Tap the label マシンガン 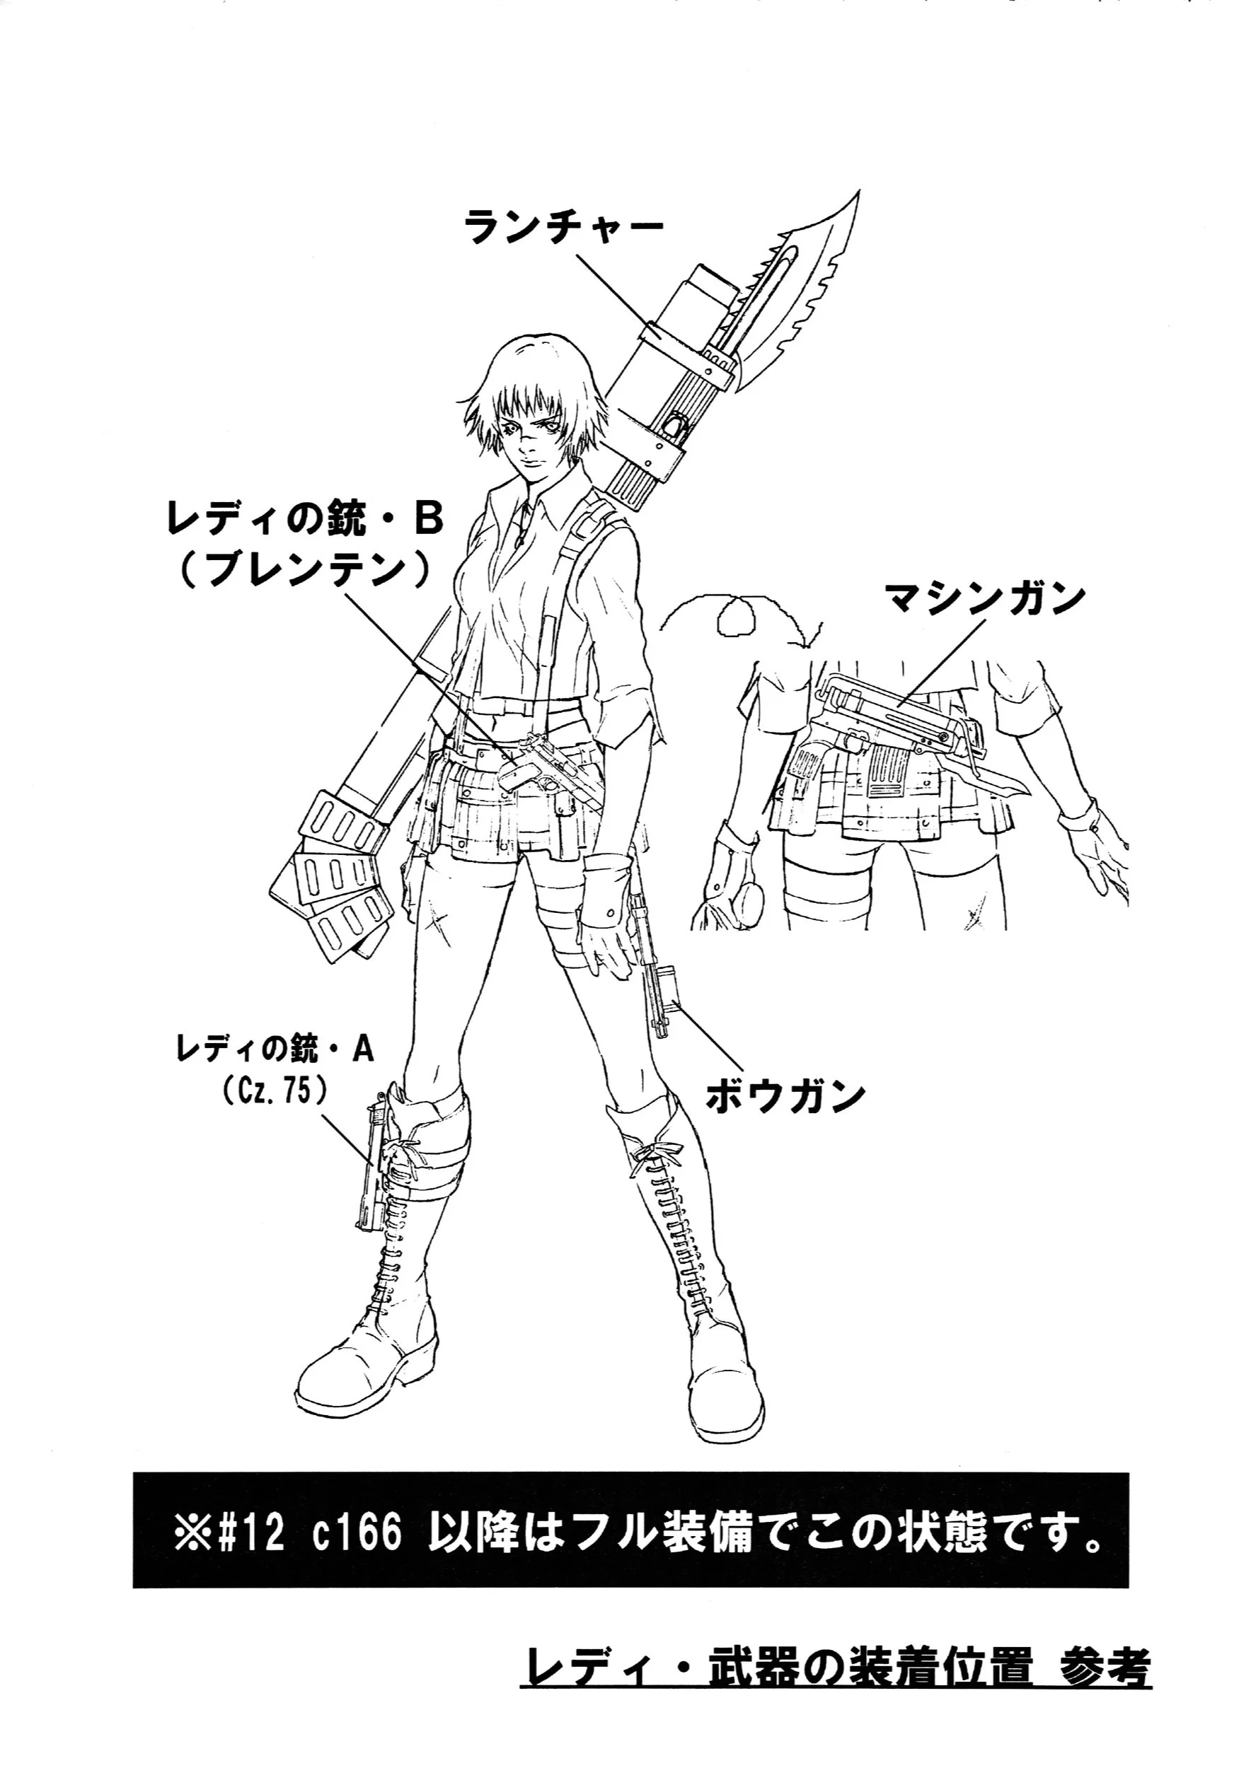(984, 598)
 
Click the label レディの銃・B (305, 520)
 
